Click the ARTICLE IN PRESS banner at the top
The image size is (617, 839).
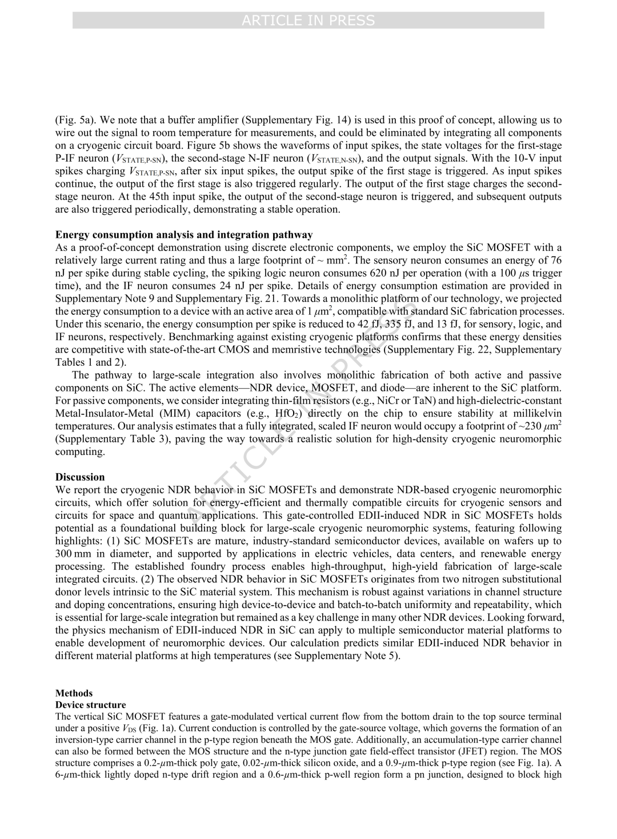coord(308,21)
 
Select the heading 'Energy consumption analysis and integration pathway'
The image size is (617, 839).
coord(184,234)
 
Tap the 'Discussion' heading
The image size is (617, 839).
coord(80,477)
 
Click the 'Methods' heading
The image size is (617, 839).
coord(74,693)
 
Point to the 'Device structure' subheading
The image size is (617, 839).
coord(90,705)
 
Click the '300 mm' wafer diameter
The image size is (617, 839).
coord(71,553)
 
